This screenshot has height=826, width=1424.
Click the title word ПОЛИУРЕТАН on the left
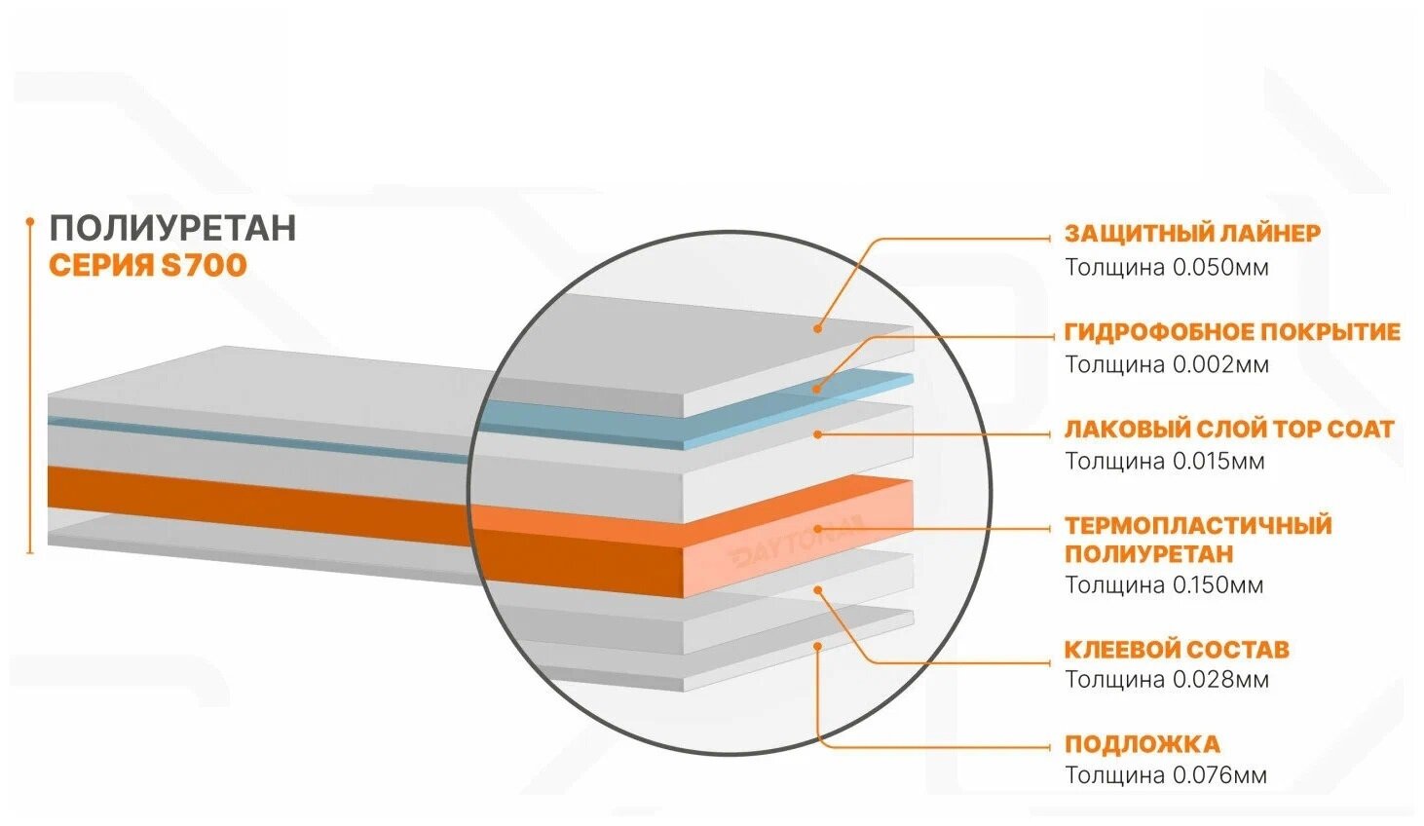172,228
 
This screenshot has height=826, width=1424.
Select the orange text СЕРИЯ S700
147,265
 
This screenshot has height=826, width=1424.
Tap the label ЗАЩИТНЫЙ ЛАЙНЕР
1192,234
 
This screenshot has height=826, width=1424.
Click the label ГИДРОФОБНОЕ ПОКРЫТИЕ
1232,332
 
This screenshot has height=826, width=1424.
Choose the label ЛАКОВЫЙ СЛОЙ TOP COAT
1228,430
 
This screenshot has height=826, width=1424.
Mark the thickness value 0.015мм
1218,461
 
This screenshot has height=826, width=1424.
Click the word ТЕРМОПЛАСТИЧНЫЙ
1197,526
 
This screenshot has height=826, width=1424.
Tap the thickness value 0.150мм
1218,585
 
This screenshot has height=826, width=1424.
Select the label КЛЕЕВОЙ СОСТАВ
1176,650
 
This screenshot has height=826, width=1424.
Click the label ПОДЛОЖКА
1142,745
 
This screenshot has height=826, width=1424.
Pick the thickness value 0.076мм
1219,776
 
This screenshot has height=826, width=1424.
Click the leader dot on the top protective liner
819,328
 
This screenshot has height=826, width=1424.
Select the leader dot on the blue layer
817,388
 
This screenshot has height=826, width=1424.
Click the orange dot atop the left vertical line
29,220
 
